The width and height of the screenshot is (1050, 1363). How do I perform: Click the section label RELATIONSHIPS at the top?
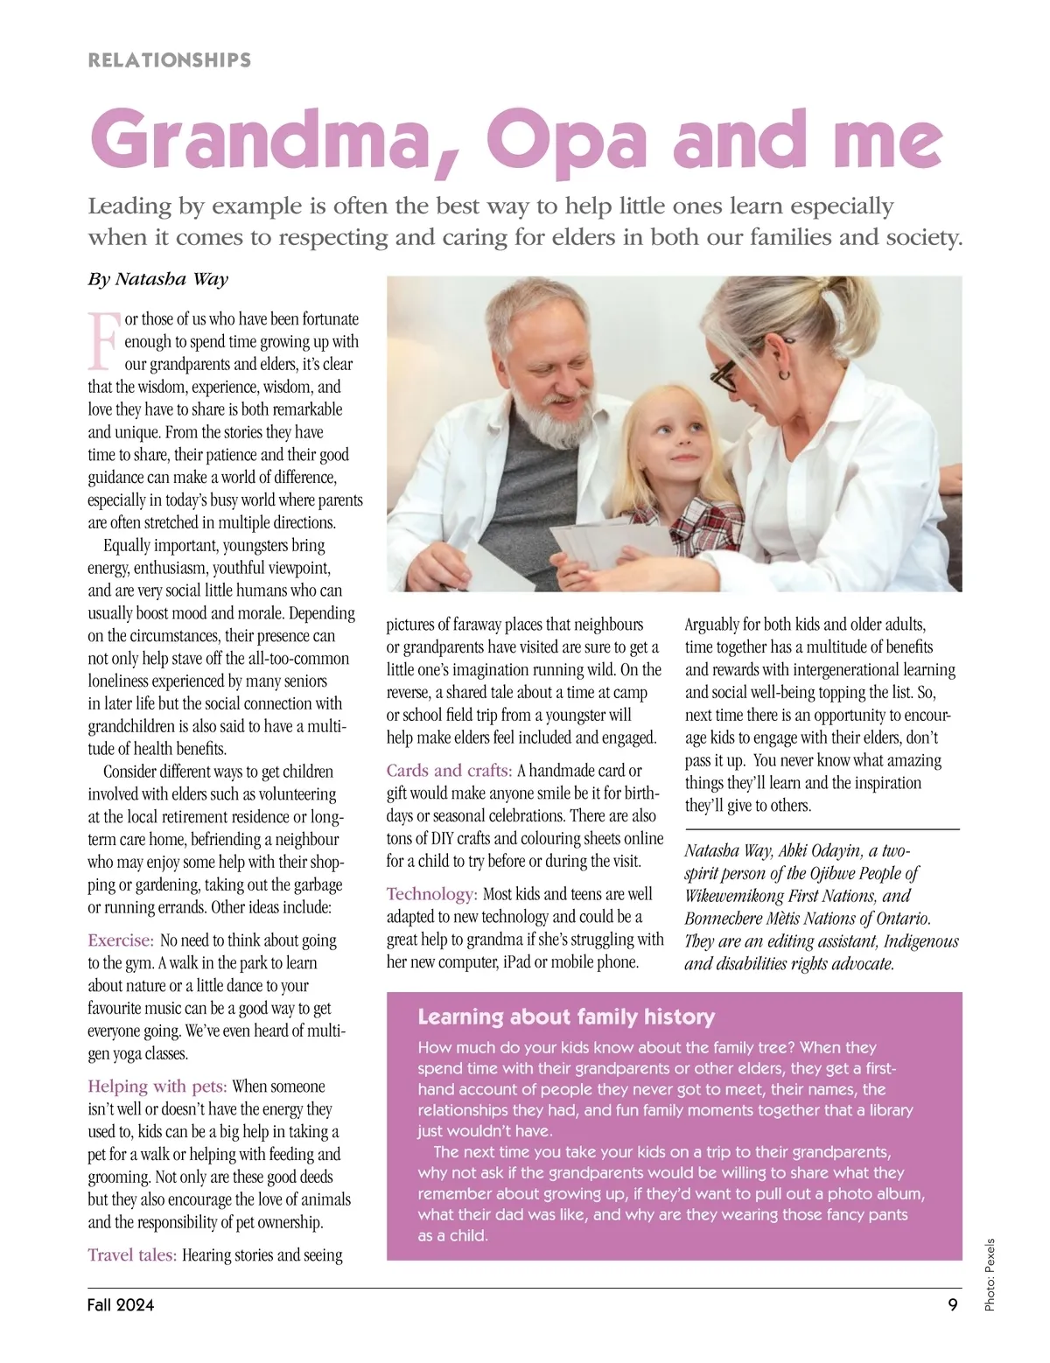[x=170, y=60]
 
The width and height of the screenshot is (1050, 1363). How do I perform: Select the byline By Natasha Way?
[x=157, y=279]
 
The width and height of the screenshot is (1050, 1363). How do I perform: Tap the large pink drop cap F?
[x=102, y=341]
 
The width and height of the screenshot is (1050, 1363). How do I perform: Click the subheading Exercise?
[x=121, y=940]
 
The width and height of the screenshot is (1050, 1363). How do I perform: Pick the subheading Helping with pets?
[x=157, y=1087]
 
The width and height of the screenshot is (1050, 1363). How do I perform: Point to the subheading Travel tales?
[x=132, y=1255]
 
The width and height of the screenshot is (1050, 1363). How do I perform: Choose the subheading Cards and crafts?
[x=449, y=771]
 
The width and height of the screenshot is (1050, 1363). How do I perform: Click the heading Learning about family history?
[x=566, y=1017]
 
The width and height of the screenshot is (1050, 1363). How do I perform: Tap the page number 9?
[x=952, y=1305]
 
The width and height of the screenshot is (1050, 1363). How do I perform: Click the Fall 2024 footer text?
[x=121, y=1305]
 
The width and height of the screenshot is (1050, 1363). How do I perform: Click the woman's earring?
[x=784, y=374]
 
